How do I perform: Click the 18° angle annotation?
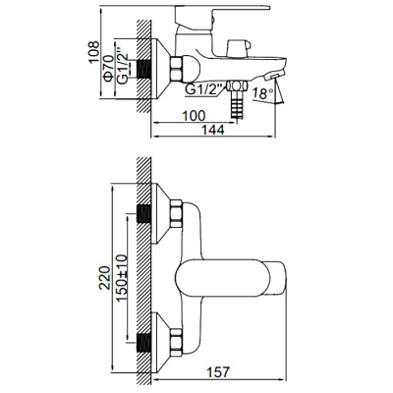coord(261,93)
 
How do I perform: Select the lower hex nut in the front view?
coord(177,343)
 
